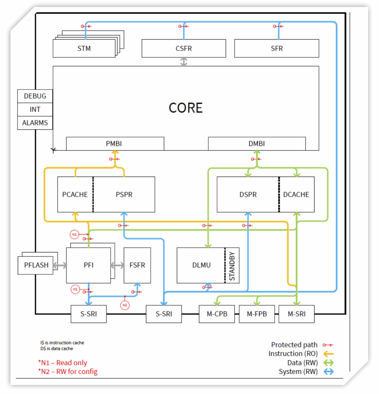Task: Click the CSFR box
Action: pos(184,48)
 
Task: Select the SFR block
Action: pos(277,48)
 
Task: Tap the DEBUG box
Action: pos(35,96)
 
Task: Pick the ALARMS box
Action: pos(35,123)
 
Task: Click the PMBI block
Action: pos(115,144)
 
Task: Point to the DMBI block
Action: pos(257,144)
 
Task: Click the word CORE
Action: pos(185,108)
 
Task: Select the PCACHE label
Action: pos(75,194)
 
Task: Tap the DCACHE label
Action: pos(296,194)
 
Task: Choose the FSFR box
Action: pos(137,265)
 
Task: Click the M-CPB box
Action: pos(217,314)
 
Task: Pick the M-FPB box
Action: pos(257,314)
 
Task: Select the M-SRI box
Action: pos(297,314)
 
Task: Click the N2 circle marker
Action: pos(125,305)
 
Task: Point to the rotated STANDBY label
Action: pos(232,266)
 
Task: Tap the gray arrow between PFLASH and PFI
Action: pos(60,265)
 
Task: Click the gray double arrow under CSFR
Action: pos(184,62)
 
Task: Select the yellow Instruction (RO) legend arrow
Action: pos(329,354)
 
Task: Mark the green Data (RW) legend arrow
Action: pos(329,363)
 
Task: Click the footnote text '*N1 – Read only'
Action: pos(63,363)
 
